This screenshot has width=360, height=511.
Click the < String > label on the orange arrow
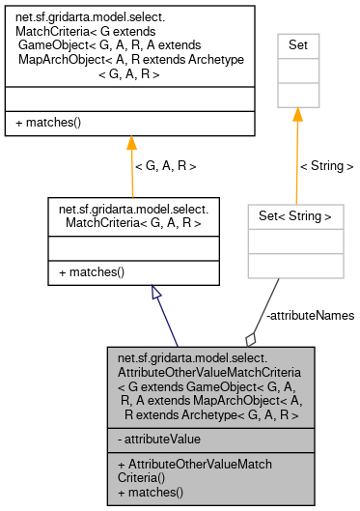(326, 166)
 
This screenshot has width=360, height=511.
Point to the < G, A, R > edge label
(165, 166)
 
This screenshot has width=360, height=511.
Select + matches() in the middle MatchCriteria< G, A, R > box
(91, 272)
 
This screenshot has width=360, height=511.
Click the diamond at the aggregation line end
(251, 337)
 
